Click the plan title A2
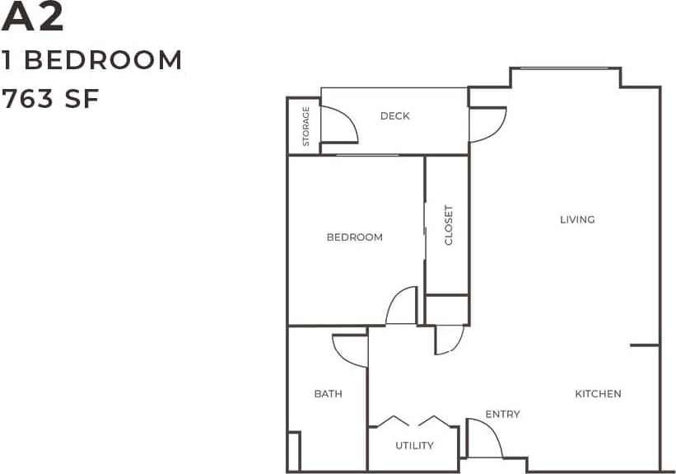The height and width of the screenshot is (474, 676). tap(33, 19)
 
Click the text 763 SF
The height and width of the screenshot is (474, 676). tap(50, 99)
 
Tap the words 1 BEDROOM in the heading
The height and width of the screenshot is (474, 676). tap(91, 60)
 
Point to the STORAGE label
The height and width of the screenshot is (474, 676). tap(305, 126)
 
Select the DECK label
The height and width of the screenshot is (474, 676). tap(394, 116)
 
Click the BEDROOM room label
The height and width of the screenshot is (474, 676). tap(354, 237)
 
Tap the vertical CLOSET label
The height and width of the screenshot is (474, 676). tap(449, 225)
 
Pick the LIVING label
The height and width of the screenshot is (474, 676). tap(576, 219)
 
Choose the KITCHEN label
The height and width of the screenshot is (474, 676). tap(598, 394)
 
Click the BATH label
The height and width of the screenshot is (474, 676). tap(328, 394)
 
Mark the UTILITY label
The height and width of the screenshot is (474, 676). tap(414, 446)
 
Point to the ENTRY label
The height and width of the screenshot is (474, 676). tap(502, 414)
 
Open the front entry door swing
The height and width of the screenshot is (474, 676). tap(483, 438)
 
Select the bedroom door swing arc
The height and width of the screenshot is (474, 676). tap(402, 306)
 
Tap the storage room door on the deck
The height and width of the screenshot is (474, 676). tap(338, 125)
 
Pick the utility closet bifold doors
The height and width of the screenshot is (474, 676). tap(413, 421)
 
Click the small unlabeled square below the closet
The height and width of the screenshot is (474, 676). tap(447, 310)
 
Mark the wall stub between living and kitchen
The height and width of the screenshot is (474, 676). tap(645, 345)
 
